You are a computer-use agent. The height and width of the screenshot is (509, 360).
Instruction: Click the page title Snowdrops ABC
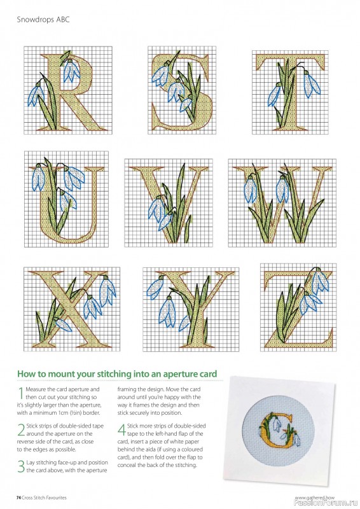click(x=42, y=20)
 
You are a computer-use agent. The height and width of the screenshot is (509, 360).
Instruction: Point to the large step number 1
click(x=20, y=392)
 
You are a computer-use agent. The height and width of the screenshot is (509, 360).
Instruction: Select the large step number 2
click(x=20, y=428)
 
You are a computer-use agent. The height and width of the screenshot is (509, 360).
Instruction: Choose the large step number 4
click(x=121, y=429)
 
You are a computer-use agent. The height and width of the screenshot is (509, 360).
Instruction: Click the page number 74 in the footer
click(x=19, y=496)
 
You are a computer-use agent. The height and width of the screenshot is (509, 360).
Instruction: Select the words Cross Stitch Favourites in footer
click(x=45, y=496)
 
